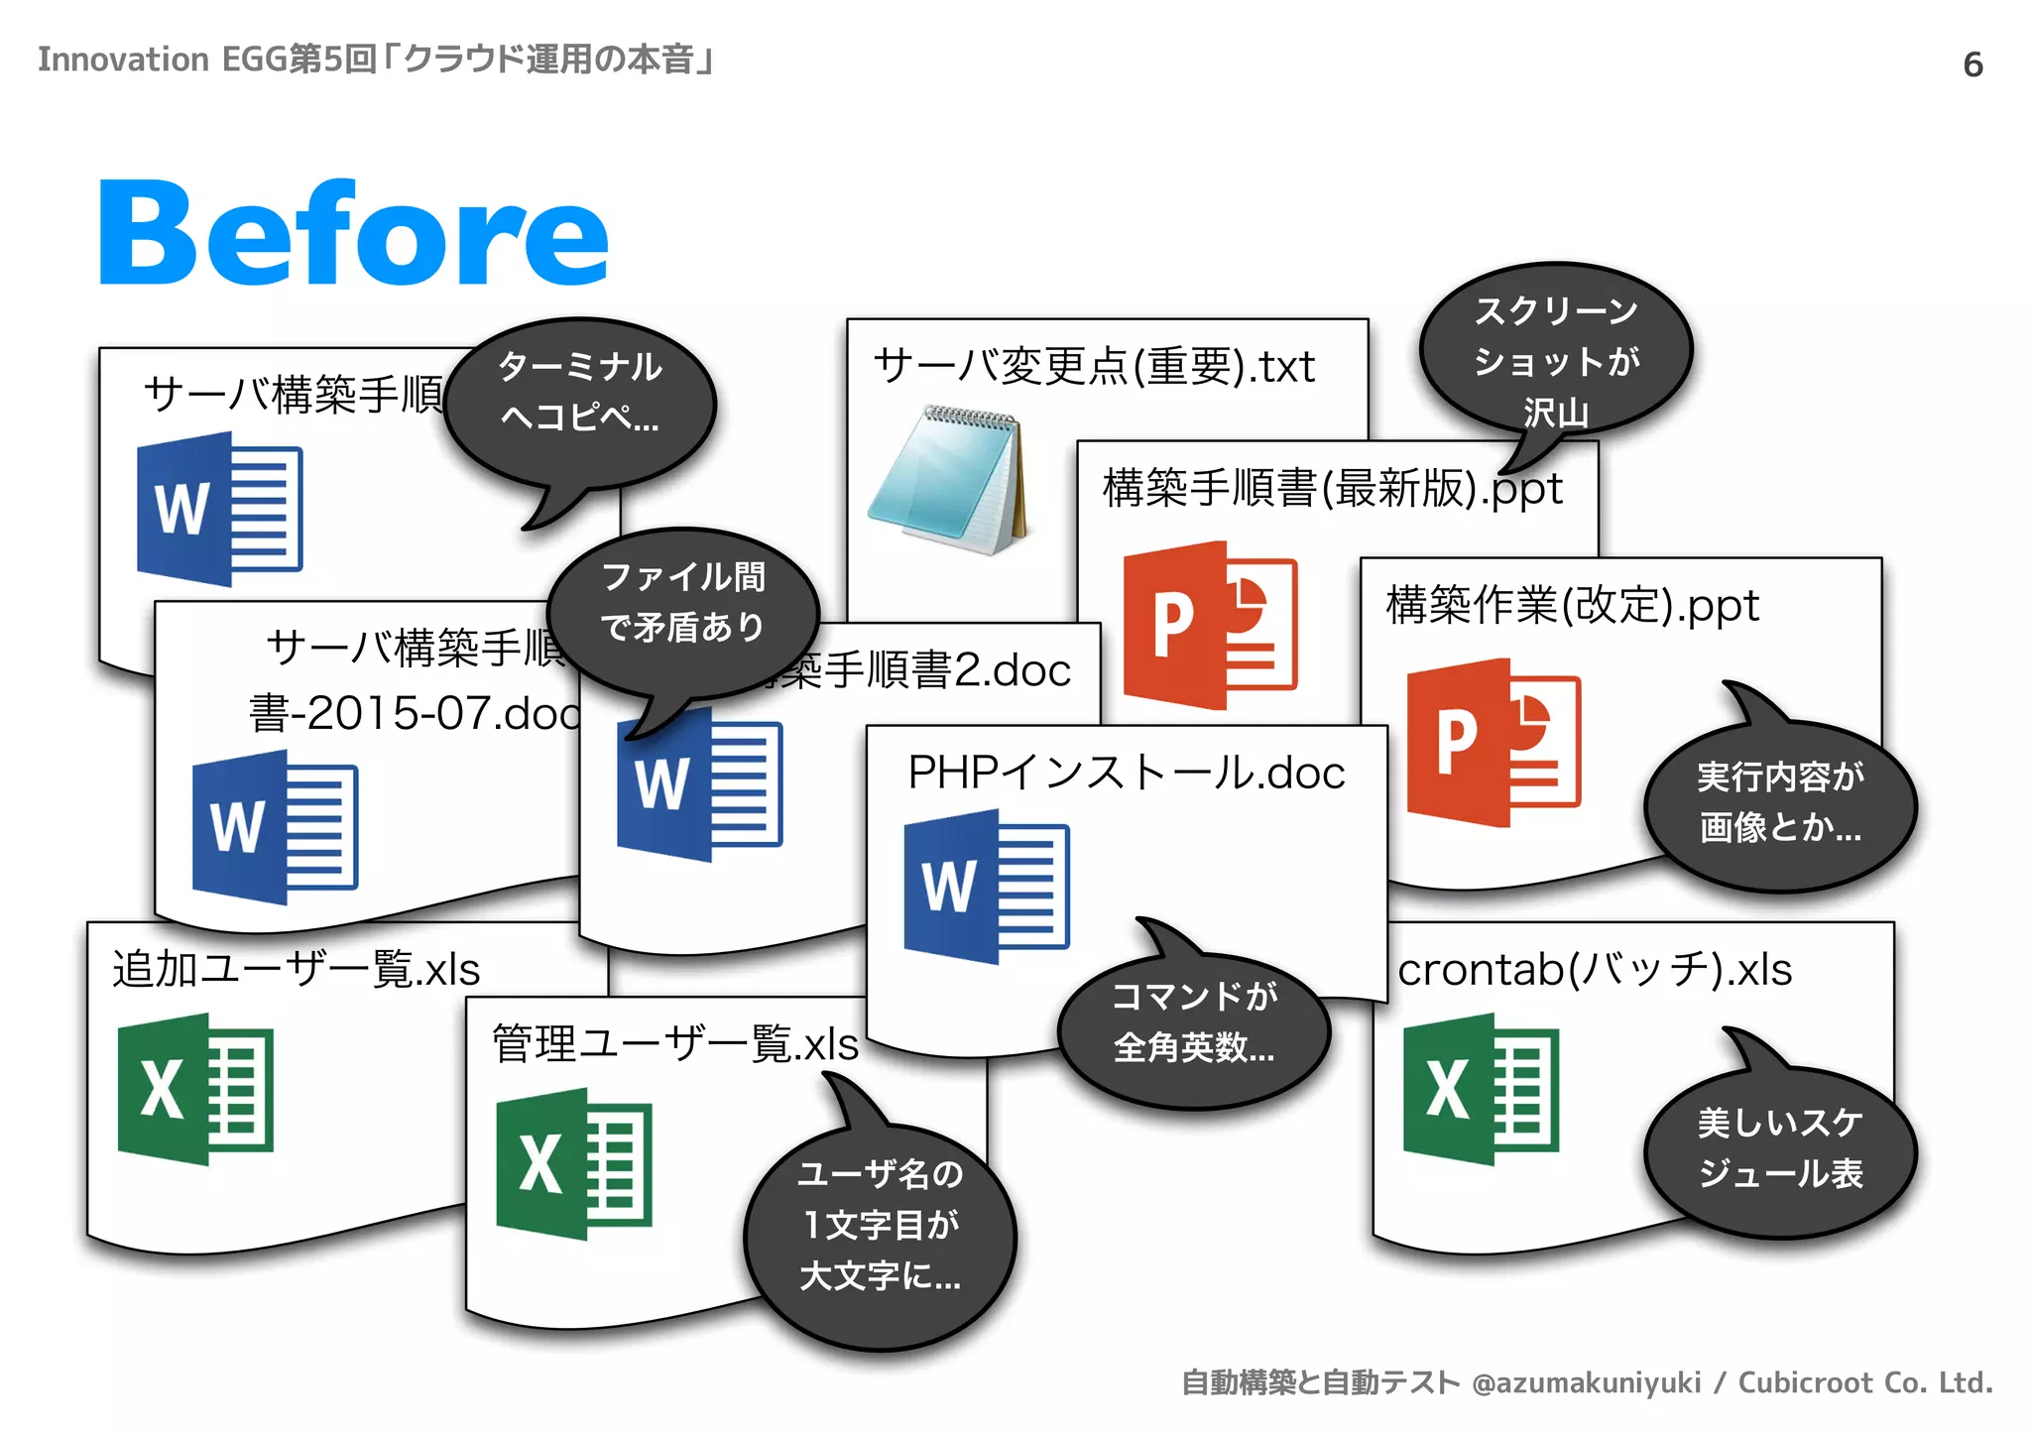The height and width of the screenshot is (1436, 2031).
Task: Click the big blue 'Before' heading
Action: (x=353, y=234)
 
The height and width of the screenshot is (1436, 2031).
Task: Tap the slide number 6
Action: (x=1972, y=65)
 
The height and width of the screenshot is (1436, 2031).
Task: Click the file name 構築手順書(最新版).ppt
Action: (x=1332, y=489)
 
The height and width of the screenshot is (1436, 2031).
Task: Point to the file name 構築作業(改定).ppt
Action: (x=1572, y=606)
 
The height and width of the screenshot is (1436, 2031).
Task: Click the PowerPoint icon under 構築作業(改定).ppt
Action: (x=1493, y=742)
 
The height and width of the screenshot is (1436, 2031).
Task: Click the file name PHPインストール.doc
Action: (x=1127, y=773)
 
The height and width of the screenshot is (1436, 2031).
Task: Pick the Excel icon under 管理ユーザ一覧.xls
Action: (x=574, y=1163)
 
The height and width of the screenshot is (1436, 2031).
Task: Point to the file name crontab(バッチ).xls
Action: (x=1595, y=970)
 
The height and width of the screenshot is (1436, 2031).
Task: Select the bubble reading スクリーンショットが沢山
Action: (x=1556, y=357)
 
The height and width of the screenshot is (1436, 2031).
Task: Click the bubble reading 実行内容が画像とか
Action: (x=1780, y=803)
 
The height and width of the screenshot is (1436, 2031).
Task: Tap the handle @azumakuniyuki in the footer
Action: (x=1586, y=1382)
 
